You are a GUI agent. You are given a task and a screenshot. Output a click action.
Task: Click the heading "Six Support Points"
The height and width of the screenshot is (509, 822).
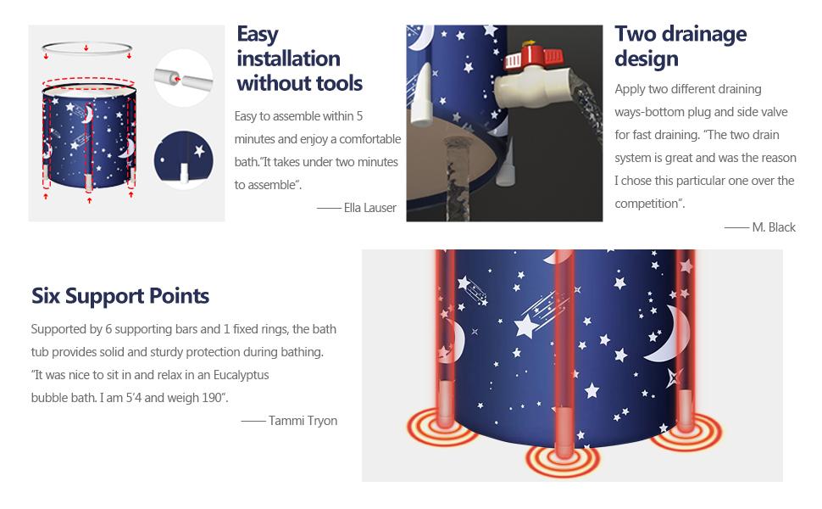coord(120,296)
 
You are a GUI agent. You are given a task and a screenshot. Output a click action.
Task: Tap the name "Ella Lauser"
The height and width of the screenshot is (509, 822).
coord(370,208)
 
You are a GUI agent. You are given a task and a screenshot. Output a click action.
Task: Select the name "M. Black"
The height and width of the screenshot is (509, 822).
coord(774,227)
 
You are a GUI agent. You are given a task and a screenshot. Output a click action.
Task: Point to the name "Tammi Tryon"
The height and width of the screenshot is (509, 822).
coord(303,421)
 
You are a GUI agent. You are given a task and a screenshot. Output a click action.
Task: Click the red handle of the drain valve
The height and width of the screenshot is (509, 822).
coord(533,57)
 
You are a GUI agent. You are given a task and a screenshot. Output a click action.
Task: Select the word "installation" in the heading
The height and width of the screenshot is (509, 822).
coord(288,59)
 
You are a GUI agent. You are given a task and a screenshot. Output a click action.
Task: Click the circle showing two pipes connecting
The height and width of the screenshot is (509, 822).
coord(184,78)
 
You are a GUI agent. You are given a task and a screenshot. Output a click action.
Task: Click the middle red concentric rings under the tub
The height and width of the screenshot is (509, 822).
coord(563,460)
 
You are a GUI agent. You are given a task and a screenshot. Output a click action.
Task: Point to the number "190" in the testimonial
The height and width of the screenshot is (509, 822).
coord(212,398)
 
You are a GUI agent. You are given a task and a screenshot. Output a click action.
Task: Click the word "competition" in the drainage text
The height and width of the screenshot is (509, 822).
coord(647,204)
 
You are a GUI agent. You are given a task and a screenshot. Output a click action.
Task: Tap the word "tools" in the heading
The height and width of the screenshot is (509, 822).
coord(336,83)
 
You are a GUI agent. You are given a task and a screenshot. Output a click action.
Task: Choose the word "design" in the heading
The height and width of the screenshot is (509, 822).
coord(647,59)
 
